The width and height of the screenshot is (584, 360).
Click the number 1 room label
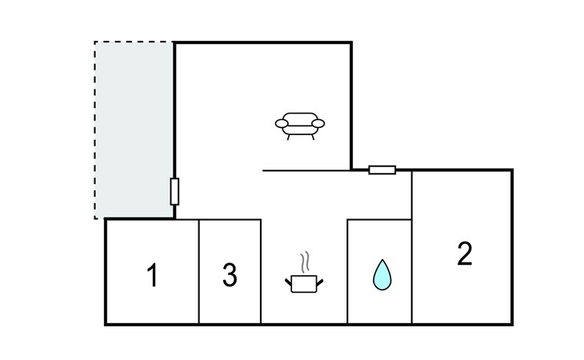[x=152, y=276]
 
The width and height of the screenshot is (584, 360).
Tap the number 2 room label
[x=465, y=254]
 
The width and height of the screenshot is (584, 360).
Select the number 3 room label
[x=230, y=276]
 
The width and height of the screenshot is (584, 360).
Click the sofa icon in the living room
[x=300, y=125]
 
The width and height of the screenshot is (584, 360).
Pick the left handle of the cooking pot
[x=289, y=280]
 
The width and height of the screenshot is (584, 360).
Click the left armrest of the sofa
[x=282, y=123]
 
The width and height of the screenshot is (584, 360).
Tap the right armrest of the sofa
[x=319, y=123]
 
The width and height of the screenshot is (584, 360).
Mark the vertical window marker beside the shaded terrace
[x=174, y=191]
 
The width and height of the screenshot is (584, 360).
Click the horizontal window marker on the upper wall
[x=382, y=170]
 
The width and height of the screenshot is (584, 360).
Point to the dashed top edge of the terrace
[x=134, y=42]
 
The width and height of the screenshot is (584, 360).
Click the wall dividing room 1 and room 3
[x=198, y=272]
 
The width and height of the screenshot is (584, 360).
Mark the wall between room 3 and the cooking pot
[x=261, y=272]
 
